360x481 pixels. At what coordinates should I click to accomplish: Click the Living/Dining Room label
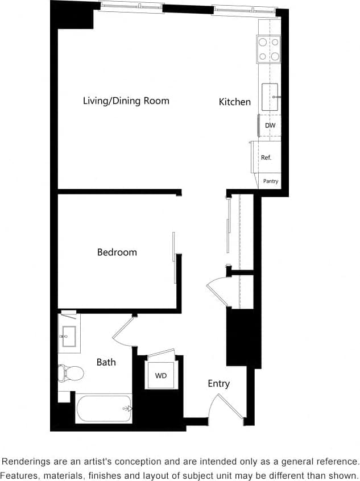tap(126, 101)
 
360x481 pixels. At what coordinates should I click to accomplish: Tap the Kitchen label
tap(234, 102)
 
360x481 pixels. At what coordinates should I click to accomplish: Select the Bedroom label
tap(117, 252)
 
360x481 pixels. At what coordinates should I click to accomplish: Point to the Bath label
tap(106, 362)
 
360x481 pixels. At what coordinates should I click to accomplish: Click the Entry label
tap(218, 384)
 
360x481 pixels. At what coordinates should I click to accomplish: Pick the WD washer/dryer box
tap(160, 375)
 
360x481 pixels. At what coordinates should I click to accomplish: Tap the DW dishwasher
tap(270, 126)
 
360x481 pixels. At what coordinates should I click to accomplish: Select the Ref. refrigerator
tap(266, 157)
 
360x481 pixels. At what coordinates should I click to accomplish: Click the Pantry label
tap(271, 181)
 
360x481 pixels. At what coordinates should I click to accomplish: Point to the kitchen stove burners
tap(269, 49)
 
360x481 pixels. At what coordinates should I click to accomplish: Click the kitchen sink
tap(270, 97)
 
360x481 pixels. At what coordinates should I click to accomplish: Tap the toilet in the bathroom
tap(71, 373)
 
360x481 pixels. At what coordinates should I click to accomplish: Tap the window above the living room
tap(132, 7)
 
